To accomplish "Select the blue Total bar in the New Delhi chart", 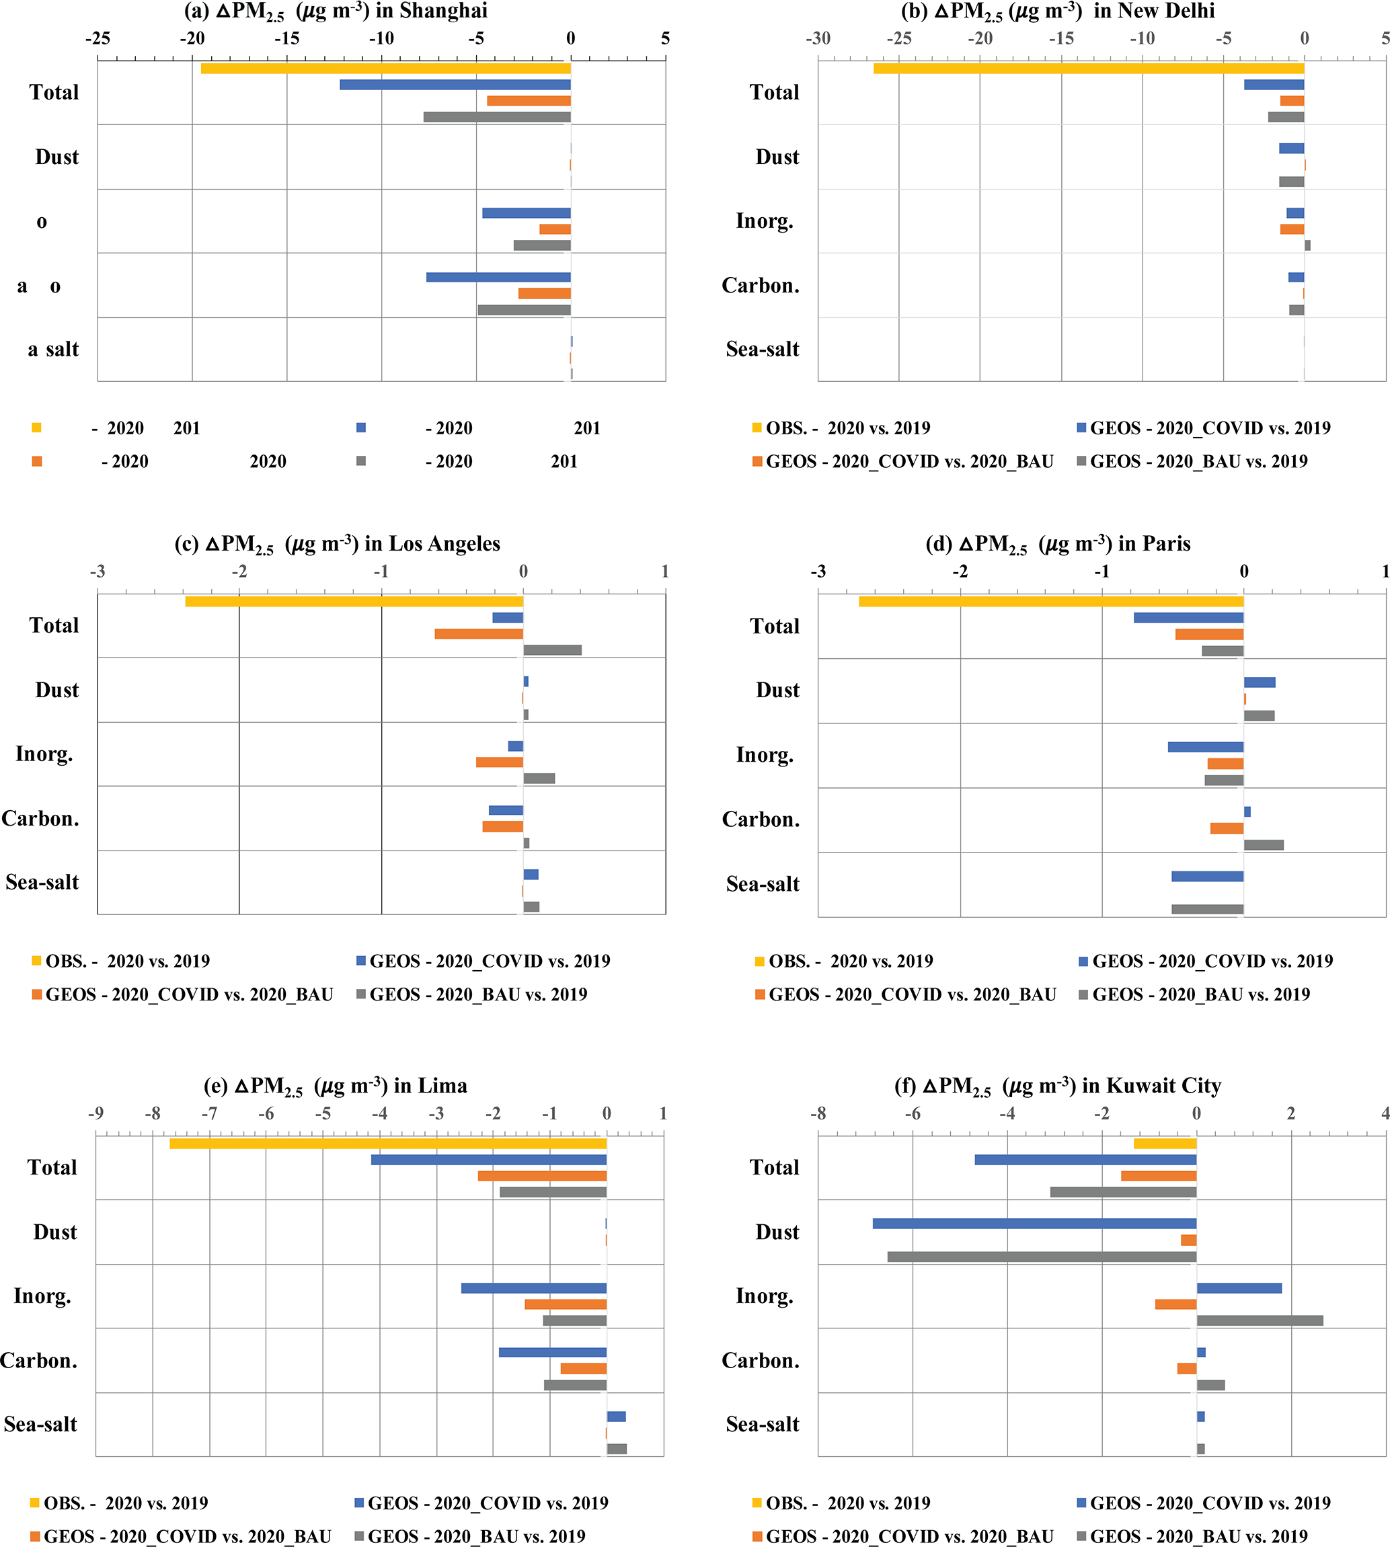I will point(1273,85).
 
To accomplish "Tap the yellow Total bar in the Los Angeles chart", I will point(354,602).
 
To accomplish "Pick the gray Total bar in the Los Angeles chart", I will point(552,650).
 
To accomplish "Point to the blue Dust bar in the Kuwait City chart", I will point(1034,1223).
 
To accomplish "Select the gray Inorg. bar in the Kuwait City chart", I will point(1260,1320).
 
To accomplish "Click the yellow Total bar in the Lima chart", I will point(387,1143).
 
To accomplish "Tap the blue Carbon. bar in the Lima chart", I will point(552,1352).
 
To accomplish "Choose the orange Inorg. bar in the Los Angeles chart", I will point(500,762).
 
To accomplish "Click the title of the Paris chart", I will point(1058,544).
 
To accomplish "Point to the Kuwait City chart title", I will point(1057,1086).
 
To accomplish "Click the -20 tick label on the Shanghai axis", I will point(192,38).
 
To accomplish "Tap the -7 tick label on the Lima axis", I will point(208,1113).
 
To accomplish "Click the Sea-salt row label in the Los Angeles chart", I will point(42,883).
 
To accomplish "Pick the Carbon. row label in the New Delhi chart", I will point(760,286).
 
